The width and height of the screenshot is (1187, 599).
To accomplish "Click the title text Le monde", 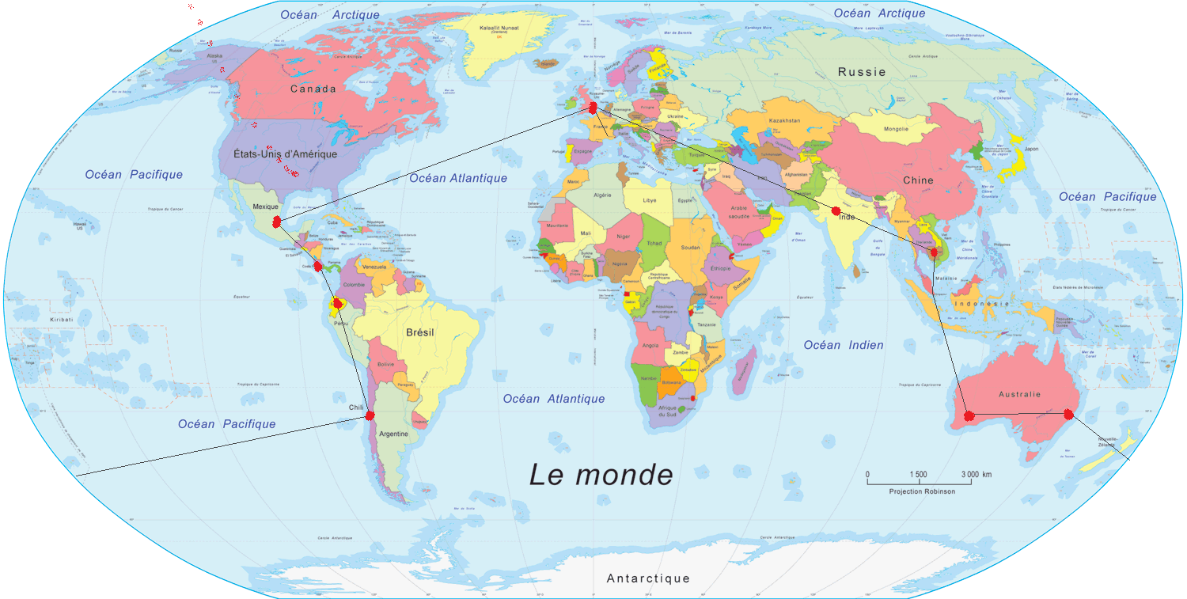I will [x=601, y=475].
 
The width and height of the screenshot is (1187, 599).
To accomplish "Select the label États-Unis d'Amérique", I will [x=286, y=154].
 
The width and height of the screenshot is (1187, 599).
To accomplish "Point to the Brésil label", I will [x=419, y=332].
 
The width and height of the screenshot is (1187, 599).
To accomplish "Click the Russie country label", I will [x=862, y=72].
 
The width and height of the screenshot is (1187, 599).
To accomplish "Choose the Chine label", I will [x=918, y=180].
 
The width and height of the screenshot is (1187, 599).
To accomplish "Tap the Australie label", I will [x=1019, y=394].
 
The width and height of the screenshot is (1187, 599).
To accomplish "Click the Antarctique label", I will [x=648, y=578].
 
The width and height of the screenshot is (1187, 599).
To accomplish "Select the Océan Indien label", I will [x=844, y=345].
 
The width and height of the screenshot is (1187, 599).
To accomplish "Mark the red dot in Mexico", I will [x=276, y=222].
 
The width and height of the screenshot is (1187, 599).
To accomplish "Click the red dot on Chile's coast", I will [x=370, y=415].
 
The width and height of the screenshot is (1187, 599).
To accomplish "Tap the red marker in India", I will [x=836, y=210].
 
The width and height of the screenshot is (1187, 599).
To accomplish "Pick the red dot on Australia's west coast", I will [x=969, y=415].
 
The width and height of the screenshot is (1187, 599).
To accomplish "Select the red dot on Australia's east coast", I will [x=1068, y=414].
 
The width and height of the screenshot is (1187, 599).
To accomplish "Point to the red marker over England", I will [x=593, y=107].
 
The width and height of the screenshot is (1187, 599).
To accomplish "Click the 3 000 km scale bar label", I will [x=977, y=475].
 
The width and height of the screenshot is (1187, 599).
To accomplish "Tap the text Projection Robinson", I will [x=921, y=491].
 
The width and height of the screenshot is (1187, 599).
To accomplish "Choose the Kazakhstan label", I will [x=784, y=121].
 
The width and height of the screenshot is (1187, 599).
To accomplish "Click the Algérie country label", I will [x=603, y=195].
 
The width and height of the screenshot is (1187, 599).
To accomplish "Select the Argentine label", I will [x=393, y=434].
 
